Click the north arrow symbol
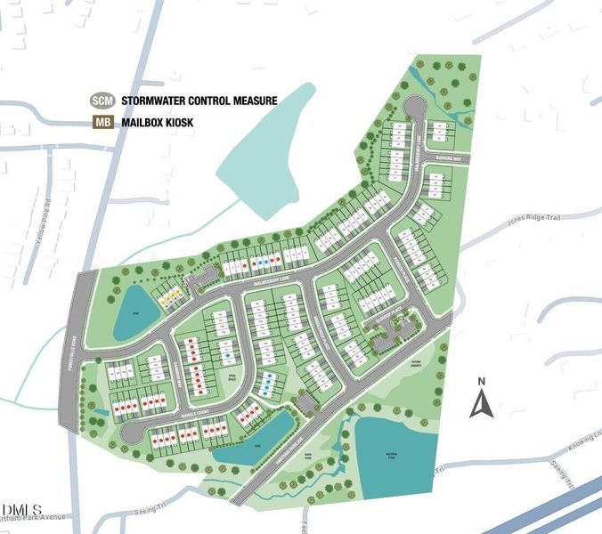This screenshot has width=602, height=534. click(481, 404)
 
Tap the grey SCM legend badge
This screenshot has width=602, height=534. click(101, 101)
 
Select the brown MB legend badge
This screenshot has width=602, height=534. click(101, 123)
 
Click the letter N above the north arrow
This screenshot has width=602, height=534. click(481, 383)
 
